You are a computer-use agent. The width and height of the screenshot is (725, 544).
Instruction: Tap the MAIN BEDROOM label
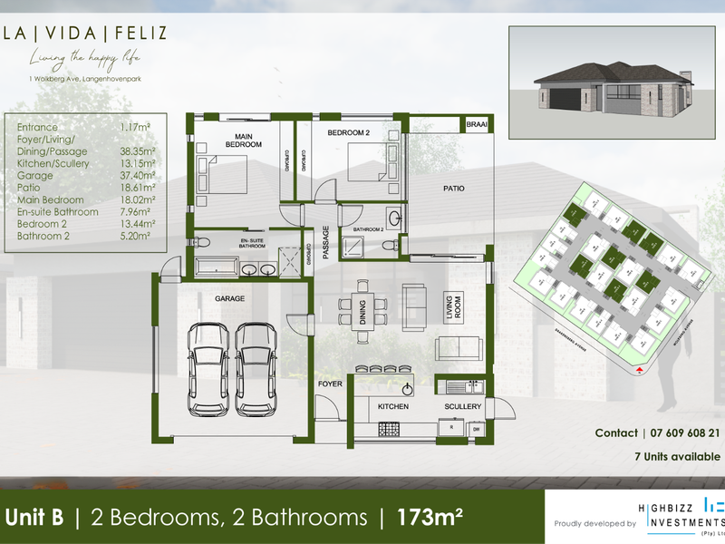[244, 140]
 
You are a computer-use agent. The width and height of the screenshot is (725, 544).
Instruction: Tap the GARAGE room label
[229, 298]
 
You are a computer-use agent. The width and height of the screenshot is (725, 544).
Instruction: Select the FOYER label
[328, 384]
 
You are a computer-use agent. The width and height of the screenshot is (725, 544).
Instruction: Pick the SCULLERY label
[463, 406]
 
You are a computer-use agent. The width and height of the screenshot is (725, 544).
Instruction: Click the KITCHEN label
[393, 406]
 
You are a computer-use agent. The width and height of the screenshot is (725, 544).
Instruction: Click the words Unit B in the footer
[34, 518]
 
